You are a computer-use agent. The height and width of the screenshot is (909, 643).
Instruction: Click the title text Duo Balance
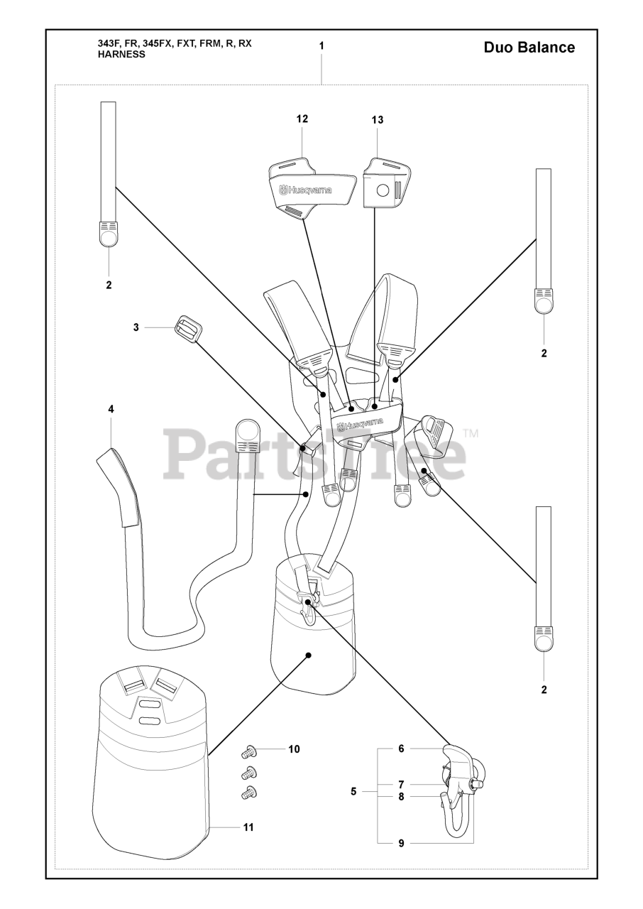(529, 48)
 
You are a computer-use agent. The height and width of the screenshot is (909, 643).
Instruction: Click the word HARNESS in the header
(121, 55)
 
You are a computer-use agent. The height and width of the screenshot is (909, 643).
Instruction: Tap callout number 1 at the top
(321, 45)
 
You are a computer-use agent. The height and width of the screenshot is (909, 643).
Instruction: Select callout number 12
(302, 119)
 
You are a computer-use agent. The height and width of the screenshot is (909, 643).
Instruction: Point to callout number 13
(377, 120)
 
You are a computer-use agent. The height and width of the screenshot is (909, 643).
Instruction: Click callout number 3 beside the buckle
(136, 327)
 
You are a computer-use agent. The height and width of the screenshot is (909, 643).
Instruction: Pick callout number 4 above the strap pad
(111, 409)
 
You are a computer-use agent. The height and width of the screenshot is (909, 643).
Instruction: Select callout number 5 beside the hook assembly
(353, 790)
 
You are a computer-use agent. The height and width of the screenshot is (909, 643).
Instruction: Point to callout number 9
(401, 843)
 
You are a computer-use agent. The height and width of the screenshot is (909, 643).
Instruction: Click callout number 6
(401, 749)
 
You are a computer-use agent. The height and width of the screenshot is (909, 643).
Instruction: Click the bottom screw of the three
(248, 793)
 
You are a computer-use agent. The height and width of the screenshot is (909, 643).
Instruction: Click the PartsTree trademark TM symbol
(471, 432)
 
